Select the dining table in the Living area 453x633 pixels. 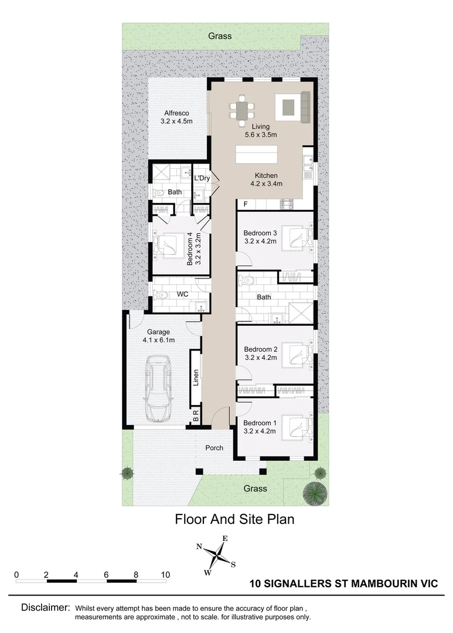pos(242,110)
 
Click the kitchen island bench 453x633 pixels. pos(258,155)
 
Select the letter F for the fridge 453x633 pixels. pos(246,204)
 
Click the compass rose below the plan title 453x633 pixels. pos(217,555)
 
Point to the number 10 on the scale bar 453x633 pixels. pos(165,574)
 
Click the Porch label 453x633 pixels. pos(214,448)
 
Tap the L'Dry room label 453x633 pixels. pos(202,178)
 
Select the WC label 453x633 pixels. pos(182,294)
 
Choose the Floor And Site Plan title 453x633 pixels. pos(234,519)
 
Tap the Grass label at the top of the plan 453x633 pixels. pos(220,36)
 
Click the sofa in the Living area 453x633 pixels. pos(306,108)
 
